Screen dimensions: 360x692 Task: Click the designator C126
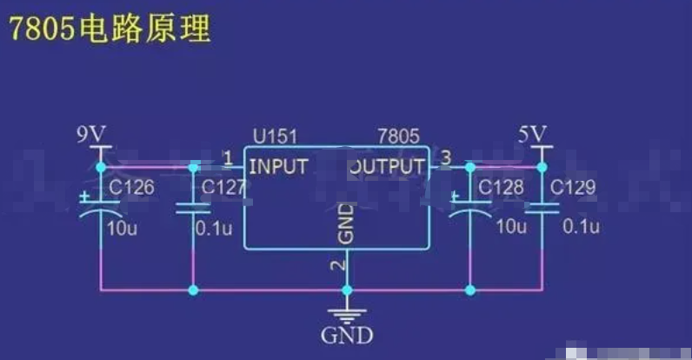click(x=132, y=187)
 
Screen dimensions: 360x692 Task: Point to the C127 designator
click(x=224, y=187)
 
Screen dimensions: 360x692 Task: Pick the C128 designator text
click(x=501, y=187)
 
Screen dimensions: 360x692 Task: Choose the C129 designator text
click(x=573, y=187)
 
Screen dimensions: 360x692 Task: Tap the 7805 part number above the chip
click(x=399, y=137)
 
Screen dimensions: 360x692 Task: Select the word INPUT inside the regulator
click(x=278, y=166)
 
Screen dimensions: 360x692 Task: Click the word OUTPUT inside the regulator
click(x=388, y=166)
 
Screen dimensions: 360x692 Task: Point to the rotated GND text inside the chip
click(x=345, y=223)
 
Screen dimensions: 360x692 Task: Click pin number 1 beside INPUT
click(x=228, y=158)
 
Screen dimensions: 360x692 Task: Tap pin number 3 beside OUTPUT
click(x=446, y=158)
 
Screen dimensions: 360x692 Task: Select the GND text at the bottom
click(x=347, y=336)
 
